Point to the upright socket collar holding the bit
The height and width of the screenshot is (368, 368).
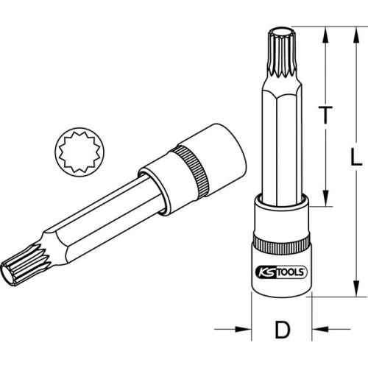tap(280, 217)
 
